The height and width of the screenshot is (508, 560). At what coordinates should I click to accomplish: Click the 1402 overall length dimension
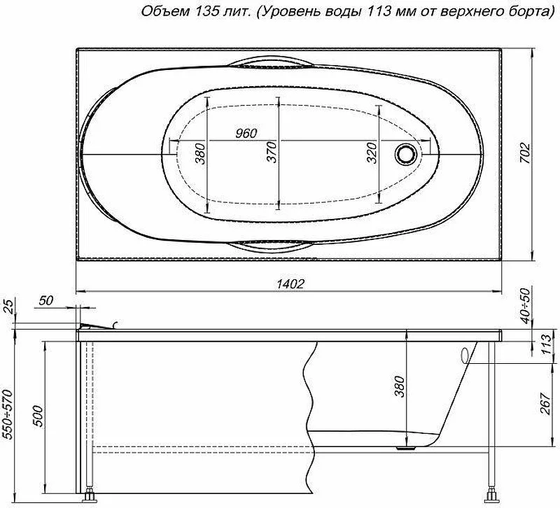(x=290, y=283)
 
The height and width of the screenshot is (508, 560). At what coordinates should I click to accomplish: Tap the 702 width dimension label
(x=525, y=153)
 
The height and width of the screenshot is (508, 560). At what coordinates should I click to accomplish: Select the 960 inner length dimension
(x=246, y=133)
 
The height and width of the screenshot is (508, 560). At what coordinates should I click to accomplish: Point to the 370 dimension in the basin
(x=272, y=152)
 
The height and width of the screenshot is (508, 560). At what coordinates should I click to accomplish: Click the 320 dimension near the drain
(x=372, y=153)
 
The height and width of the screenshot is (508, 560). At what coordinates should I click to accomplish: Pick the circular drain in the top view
(x=406, y=154)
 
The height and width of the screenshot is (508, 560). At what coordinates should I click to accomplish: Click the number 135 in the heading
(x=206, y=11)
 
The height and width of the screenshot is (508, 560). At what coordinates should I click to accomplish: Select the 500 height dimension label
(x=39, y=416)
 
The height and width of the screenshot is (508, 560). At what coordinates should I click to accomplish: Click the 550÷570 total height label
(x=7, y=414)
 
